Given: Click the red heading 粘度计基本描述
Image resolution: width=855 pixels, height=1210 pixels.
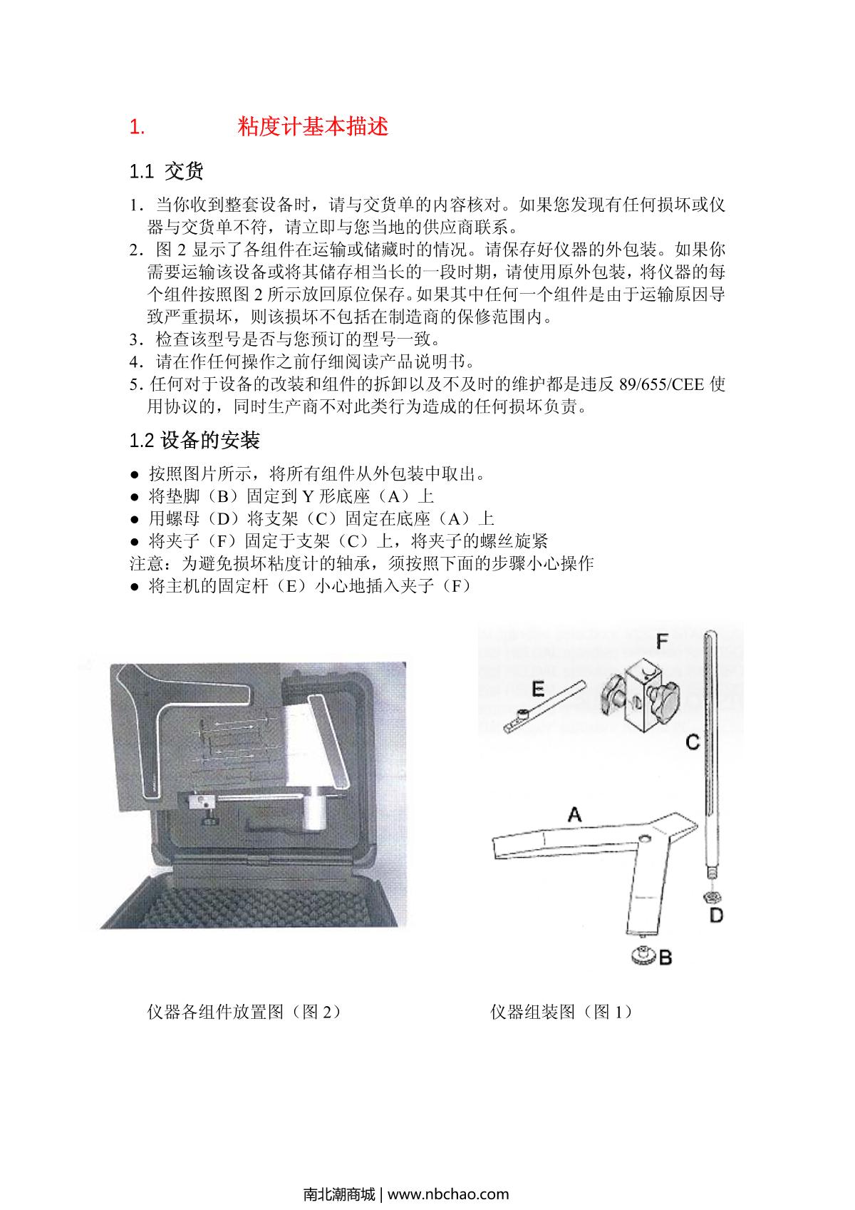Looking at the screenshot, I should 313,127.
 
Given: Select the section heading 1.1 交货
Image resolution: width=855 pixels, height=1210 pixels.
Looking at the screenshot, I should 166,171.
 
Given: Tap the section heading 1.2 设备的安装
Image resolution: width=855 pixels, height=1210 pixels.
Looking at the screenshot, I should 194,440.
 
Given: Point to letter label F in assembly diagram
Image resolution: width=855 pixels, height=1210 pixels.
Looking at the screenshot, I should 662,642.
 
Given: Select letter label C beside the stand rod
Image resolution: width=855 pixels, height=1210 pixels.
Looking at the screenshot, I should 692,742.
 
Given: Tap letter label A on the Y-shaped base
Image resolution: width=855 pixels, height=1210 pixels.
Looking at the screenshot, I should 574,814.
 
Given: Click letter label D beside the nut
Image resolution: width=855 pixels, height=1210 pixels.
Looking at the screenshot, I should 716,915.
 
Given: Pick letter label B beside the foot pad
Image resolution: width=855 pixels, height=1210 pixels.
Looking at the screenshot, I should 664,958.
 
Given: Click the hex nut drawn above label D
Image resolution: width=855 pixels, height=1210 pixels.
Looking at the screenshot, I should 710,896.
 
